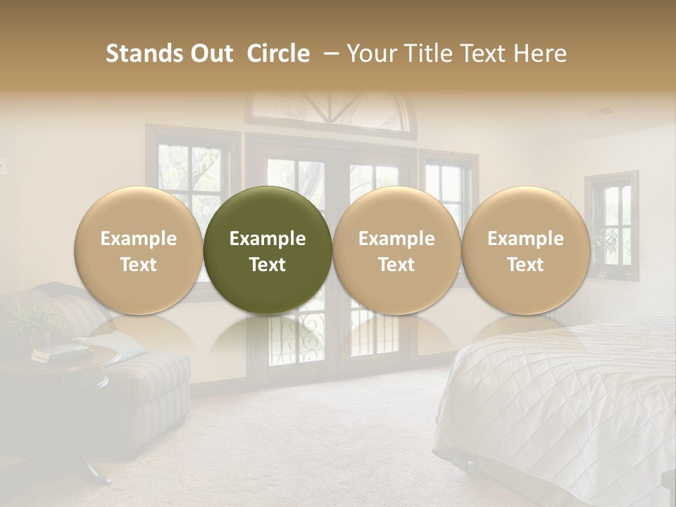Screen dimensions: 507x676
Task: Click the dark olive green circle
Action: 268,250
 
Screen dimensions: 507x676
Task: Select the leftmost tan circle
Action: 139,250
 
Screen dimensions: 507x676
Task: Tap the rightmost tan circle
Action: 525,250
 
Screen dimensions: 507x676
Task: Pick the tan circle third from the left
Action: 396,250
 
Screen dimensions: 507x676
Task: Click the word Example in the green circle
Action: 268,239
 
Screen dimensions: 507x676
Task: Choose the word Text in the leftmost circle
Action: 139,265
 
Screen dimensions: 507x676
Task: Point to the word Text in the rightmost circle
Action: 525,265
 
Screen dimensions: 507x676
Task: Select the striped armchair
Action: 141,394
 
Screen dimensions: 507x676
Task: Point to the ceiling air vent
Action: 604,111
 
